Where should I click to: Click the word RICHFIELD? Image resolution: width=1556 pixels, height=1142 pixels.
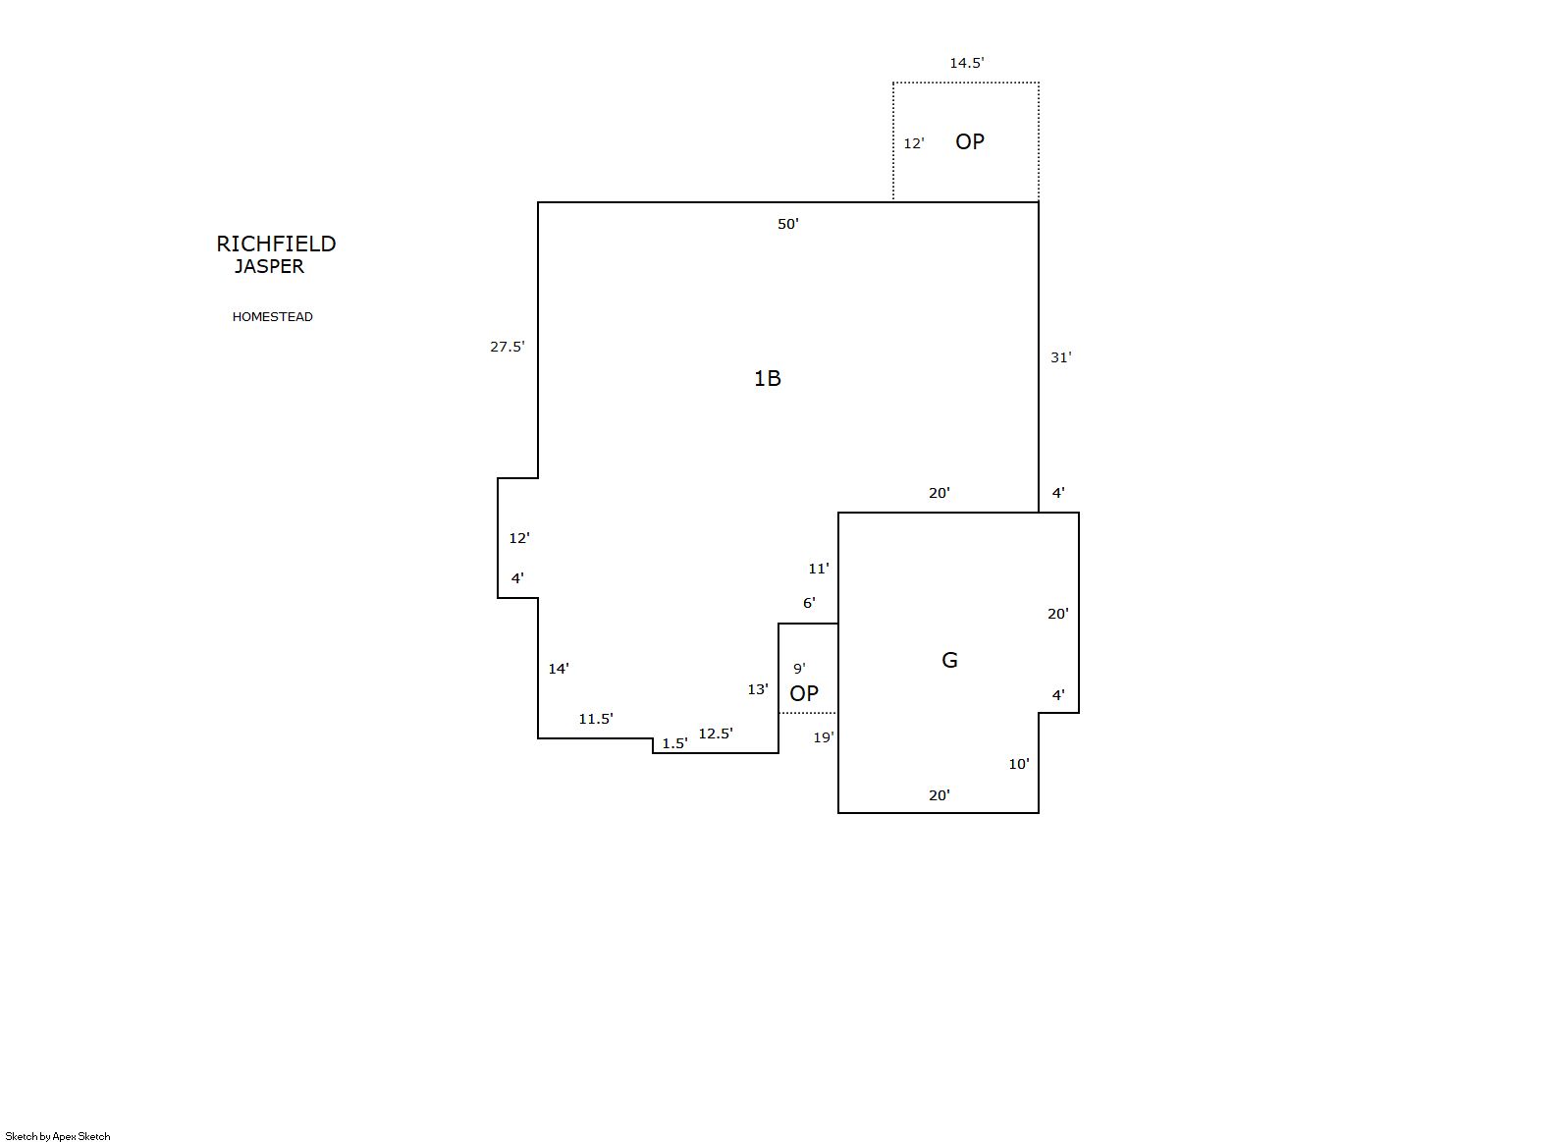click(x=276, y=244)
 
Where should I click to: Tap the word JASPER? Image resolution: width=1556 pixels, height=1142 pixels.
click(x=269, y=267)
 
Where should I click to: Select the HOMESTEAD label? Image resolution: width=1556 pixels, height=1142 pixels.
click(x=272, y=317)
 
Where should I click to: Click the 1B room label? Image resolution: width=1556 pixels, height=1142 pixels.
click(x=768, y=378)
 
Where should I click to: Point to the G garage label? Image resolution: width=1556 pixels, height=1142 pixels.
click(x=949, y=660)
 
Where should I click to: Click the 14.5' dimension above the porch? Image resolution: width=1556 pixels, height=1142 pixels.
click(x=967, y=63)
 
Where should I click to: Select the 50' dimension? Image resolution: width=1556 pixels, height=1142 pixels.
click(x=788, y=224)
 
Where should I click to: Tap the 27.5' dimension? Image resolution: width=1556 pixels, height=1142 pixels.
click(x=508, y=347)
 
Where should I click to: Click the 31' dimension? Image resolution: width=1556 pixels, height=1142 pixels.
click(x=1060, y=357)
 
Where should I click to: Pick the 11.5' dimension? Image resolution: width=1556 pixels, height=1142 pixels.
click(x=596, y=719)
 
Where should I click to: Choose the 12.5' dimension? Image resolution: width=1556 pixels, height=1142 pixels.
click(x=716, y=734)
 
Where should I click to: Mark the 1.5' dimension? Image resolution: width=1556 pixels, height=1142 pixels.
click(x=674, y=743)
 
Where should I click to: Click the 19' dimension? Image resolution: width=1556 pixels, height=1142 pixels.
click(x=824, y=737)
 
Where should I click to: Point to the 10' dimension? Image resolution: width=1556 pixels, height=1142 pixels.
click(x=1019, y=764)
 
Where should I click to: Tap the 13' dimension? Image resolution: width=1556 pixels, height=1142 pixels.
click(x=758, y=689)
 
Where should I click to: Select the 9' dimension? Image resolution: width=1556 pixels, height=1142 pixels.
click(x=799, y=669)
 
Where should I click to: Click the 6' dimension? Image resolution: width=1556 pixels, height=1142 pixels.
click(x=809, y=603)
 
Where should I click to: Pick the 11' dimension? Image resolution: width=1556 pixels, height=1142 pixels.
click(x=819, y=569)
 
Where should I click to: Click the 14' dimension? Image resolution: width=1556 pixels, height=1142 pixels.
click(x=559, y=669)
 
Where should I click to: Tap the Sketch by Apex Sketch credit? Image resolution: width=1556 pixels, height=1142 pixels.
click(x=58, y=1136)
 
